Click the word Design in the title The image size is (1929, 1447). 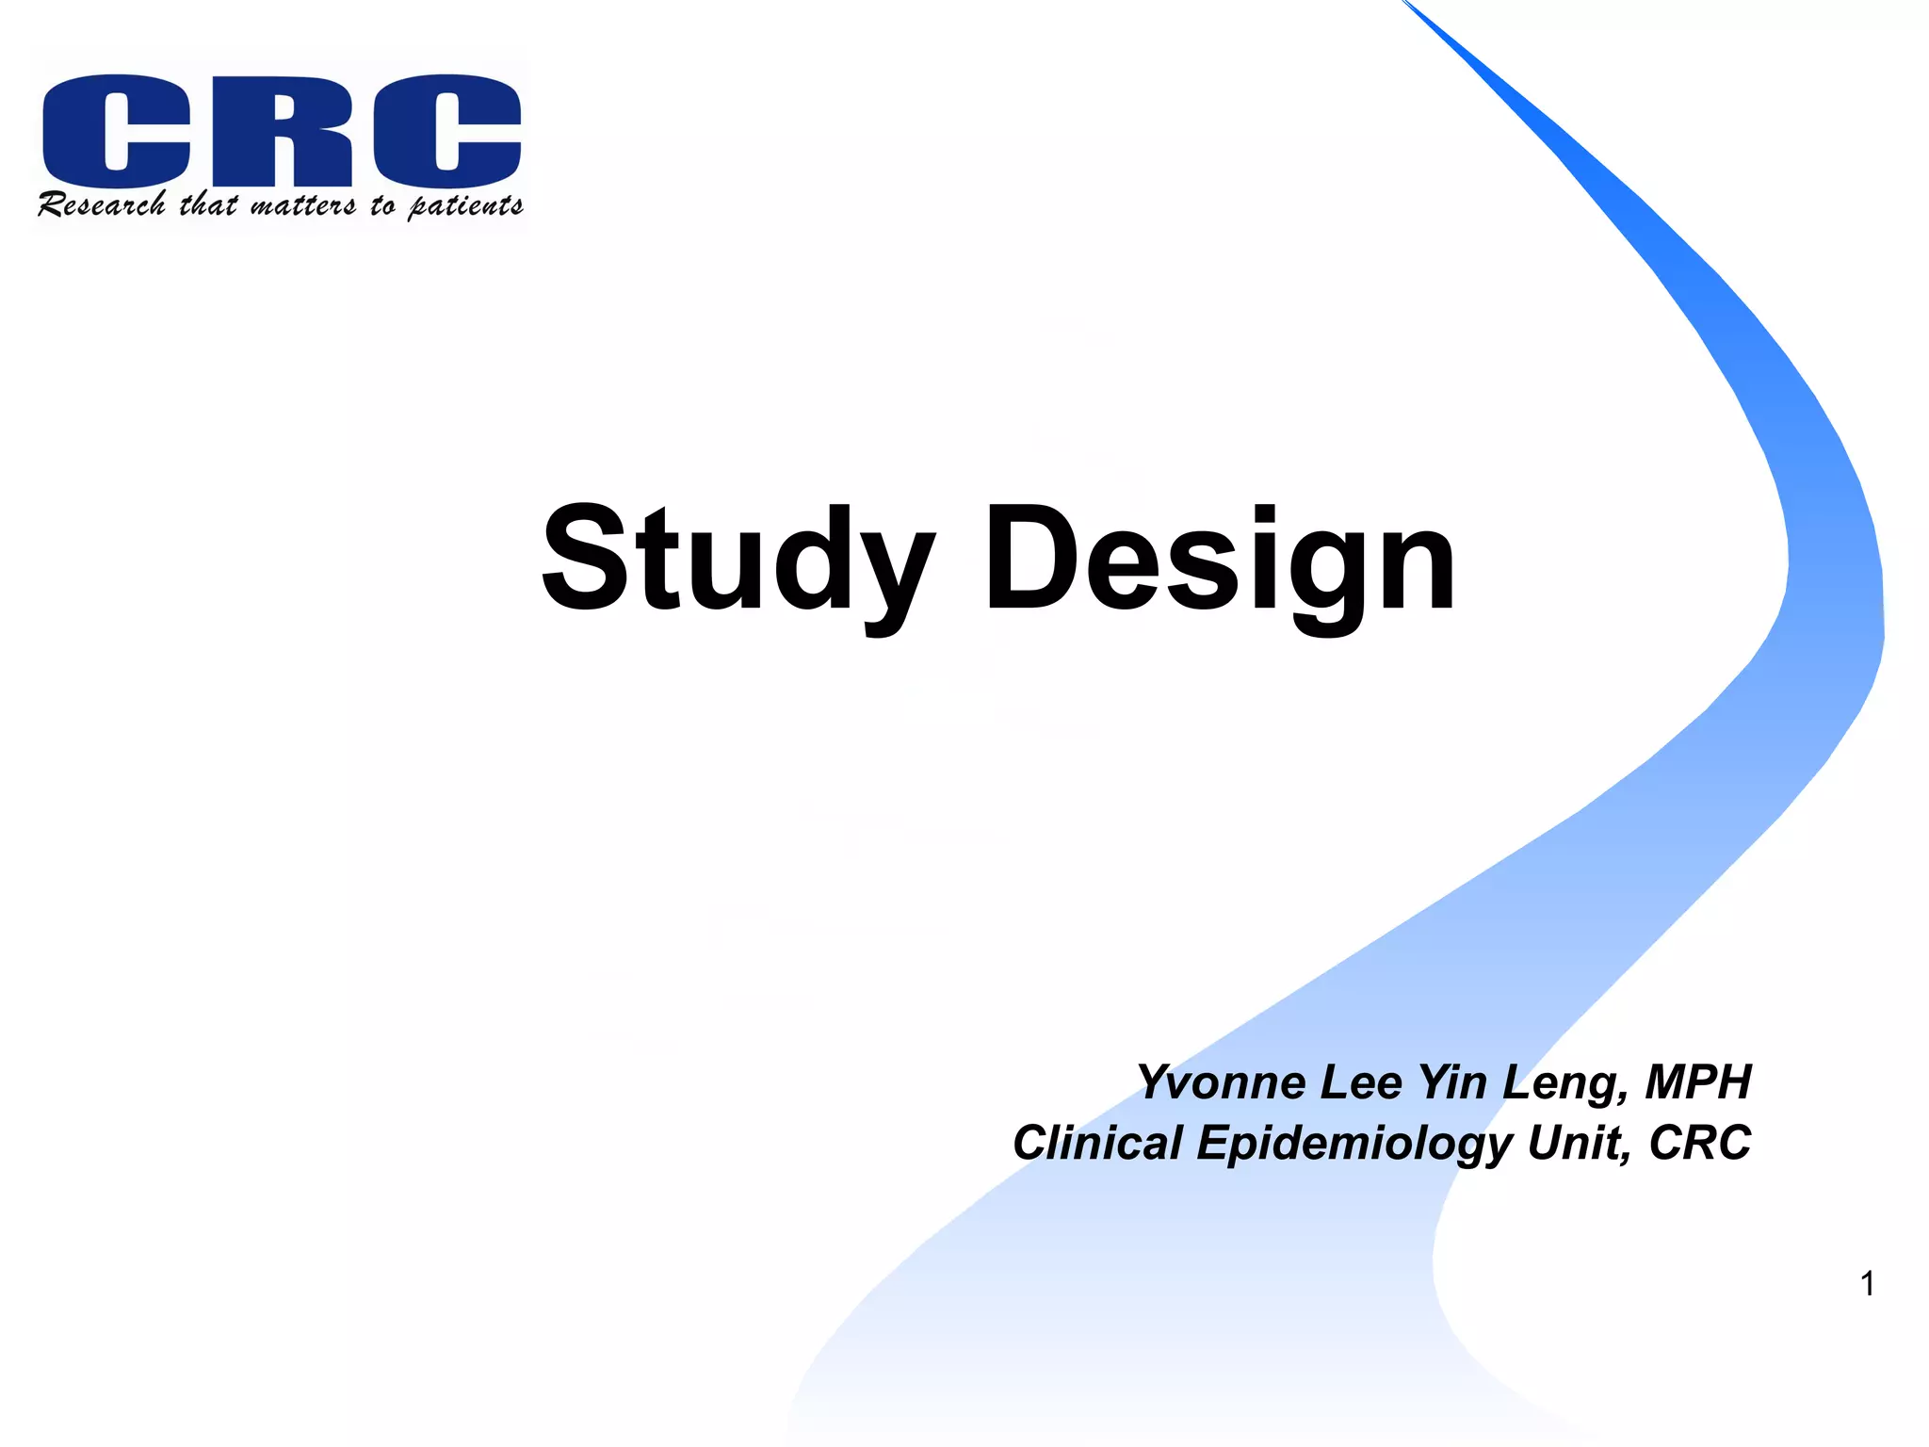pyautogui.click(x=1220, y=561)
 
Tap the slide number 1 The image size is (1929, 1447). pyautogui.click(x=1867, y=1284)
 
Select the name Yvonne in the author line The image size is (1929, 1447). pyautogui.click(x=1222, y=1082)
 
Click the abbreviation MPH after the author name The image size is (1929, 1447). pyautogui.click(x=1697, y=1082)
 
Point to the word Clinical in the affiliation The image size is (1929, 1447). pyautogui.click(x=1097, y=1143)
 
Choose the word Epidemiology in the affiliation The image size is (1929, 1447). pyautogui.click(x=1354, y=1145)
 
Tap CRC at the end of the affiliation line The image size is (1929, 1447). pyautogui.click(x=1699, y=1143)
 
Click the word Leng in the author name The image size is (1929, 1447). pyautogui.click(x=1564, y=1084)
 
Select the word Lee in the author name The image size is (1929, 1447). pyautogui.click(x=1360, y=1082)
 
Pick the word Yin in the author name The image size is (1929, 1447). pyautogui.click(x=1454, y=1082)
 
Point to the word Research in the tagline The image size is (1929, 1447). pyautogui.click(x=102, y=204)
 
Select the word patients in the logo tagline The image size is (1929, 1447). pyautogui.click(x=465, y=206)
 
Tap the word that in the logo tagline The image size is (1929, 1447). pyautogui.click(x=208, y=203)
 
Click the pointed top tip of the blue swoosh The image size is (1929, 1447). pyautogui.click(x=1405, y=3)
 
